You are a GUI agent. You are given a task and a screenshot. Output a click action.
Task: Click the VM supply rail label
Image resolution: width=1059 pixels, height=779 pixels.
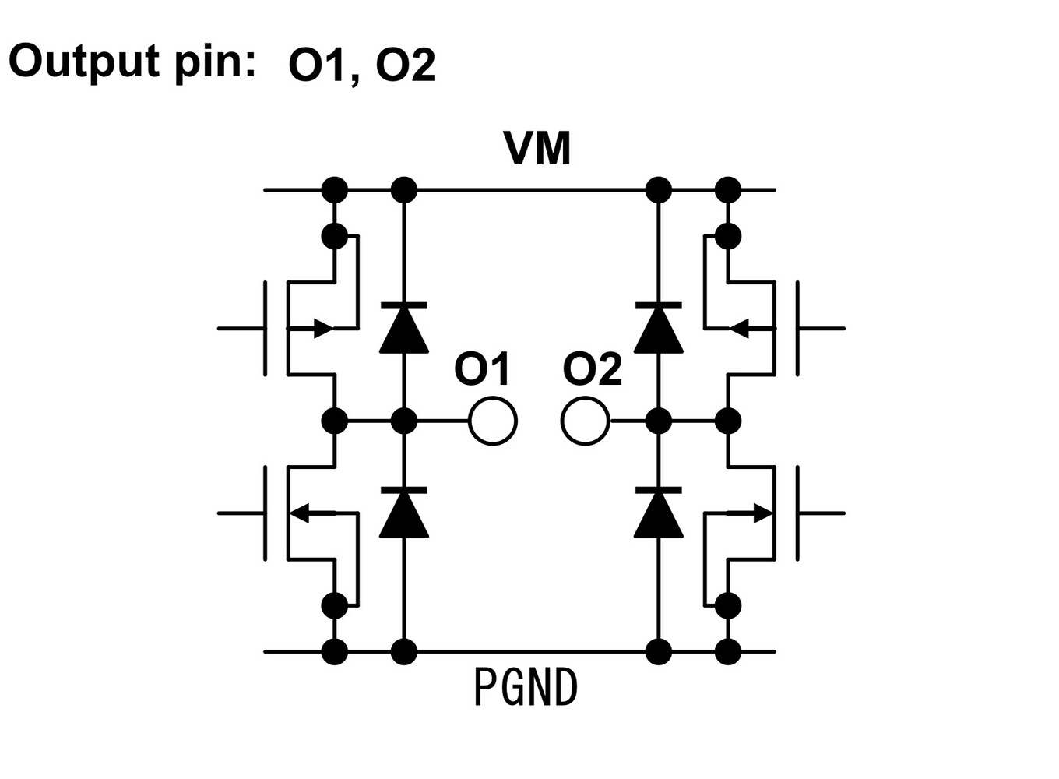(x=537, y=149)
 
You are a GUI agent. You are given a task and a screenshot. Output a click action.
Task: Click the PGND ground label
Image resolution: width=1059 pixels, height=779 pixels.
(x=526, y=688)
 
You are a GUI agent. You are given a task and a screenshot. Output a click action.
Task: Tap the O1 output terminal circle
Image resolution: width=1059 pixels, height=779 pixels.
(x=492, y=421)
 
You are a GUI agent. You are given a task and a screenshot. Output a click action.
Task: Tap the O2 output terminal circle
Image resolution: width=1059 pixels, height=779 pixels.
(x=585, y=421)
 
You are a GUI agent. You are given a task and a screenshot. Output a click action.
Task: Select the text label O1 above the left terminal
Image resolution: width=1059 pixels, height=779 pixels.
(x=482, y=369)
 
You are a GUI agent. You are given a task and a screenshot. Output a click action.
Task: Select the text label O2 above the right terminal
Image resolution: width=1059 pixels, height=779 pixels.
(x=592, y=369)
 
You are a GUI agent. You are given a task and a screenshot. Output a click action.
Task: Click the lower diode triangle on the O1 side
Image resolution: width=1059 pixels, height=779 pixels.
(x=403, y=514)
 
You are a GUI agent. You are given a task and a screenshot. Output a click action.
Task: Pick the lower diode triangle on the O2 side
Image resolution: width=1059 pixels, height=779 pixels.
(x=659, y=514)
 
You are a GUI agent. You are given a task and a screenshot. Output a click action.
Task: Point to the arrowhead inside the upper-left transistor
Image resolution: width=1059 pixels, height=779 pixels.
(x=323, y=328)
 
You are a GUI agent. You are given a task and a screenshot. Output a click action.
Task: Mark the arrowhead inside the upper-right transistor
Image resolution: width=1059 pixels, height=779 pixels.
(x=739, y=328)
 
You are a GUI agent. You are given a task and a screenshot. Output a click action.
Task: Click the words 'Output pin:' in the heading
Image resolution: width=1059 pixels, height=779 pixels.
(x=132, y=61)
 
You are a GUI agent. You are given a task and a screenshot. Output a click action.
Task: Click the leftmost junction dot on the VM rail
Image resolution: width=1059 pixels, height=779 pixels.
(x=335, y=189)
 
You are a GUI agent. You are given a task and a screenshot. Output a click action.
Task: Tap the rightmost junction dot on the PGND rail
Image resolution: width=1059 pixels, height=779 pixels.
(x=727, y=651)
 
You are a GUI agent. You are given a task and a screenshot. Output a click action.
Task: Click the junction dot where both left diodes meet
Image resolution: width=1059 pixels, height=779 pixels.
(x=403, y=421)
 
